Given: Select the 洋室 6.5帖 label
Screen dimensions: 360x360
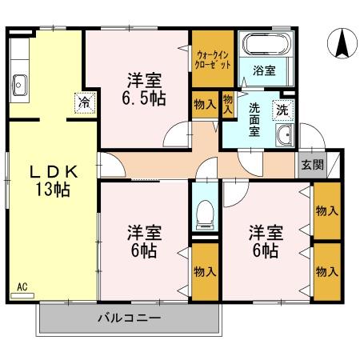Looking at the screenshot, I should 145,90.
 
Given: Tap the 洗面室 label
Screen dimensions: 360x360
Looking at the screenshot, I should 254,119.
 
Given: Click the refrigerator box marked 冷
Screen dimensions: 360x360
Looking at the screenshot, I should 83,102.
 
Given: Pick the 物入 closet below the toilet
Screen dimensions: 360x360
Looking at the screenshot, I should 205,270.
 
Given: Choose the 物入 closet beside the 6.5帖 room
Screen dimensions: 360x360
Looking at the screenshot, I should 205,103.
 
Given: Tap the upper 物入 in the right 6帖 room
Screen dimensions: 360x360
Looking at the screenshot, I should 326,210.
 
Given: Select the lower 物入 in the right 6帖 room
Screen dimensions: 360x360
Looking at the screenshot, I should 326,270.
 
